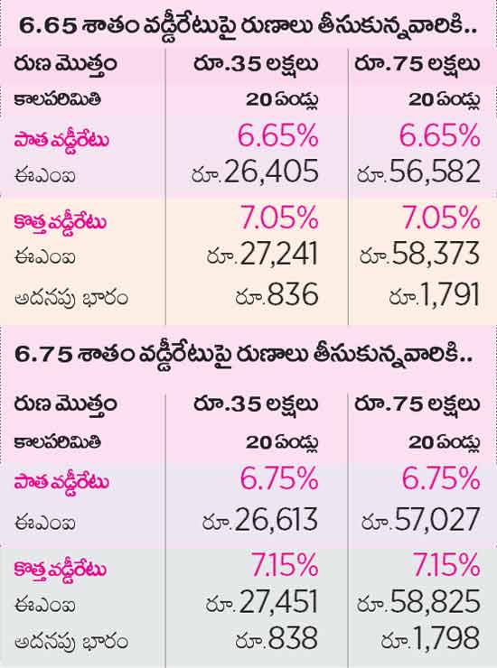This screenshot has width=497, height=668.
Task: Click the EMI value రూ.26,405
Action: [x=255, y=172]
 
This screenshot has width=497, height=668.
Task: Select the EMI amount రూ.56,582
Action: [x=419, y=172]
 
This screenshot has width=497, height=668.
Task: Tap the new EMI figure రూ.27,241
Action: [x=262, y=254]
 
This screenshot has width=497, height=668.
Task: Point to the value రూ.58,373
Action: [x=420, y=254]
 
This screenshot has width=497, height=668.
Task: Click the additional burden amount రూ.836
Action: [x=277, y=294]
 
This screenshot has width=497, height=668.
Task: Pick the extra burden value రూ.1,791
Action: [x=435, y=294]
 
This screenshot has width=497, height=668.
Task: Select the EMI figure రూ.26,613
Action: [x=260, y=520]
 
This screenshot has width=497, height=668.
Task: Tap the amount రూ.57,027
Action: [x=421, y=520]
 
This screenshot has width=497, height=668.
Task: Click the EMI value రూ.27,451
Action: [x=262, y=602]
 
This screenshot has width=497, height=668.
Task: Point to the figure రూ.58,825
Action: [x=419, y=602]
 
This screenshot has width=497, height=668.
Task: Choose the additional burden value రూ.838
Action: [x=277, y=638]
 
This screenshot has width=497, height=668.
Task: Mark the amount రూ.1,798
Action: [x=431, y=638]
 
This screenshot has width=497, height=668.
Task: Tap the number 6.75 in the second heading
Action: [x=43, y=355]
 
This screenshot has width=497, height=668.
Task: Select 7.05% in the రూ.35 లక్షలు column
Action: [x=279, y=218]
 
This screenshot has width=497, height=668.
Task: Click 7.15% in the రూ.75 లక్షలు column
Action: [x=446, y=565]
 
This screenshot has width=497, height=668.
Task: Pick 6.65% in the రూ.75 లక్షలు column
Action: [x=440, y=136]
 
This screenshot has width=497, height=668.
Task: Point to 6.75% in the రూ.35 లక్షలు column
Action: [x=279, y=478]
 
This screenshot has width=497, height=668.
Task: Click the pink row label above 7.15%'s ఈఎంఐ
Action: [x=61, y=569]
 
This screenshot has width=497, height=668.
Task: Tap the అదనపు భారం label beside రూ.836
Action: [x=71, y=297]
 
